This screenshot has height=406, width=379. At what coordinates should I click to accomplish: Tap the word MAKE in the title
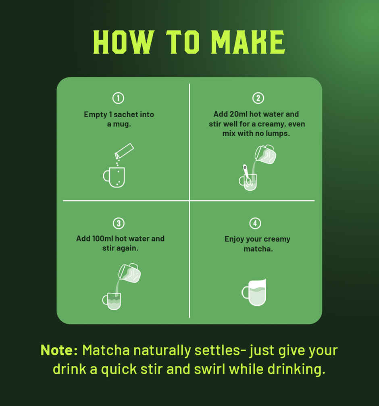248,42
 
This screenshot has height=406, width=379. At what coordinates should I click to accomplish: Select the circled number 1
118,98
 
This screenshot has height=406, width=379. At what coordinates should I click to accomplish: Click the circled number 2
258,98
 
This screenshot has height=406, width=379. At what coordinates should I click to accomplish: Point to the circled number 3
119,223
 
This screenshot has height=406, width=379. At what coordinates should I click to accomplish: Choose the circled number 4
255,223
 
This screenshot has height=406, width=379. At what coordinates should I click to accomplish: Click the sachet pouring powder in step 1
124,151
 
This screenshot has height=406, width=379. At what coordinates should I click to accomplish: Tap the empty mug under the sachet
114,177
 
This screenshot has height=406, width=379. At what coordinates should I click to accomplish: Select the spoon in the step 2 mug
247,175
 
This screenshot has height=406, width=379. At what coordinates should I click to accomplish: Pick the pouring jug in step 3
129,273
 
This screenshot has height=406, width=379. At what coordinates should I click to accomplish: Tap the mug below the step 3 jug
112,301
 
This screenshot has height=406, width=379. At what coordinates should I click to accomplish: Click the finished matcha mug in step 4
254,293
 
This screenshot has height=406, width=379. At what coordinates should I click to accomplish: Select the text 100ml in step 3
102,238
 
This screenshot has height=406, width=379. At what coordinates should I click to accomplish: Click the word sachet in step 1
126,115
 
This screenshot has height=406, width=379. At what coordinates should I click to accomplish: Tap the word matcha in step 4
258,249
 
